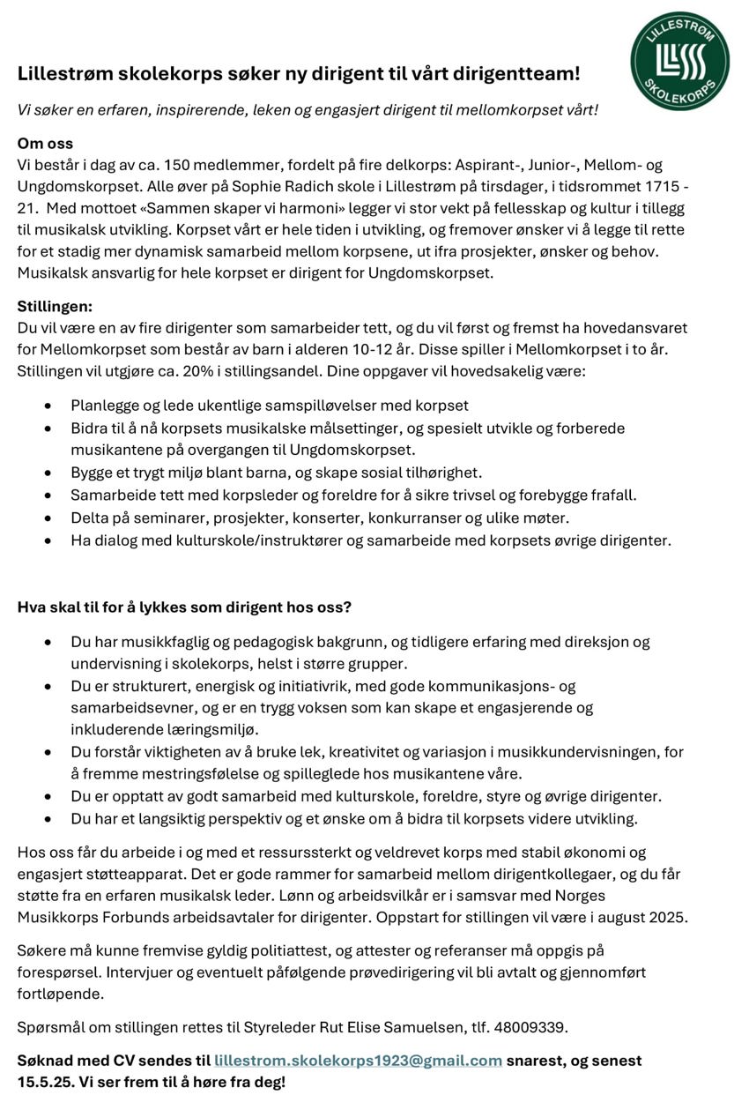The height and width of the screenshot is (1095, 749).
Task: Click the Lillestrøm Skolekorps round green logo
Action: click(x=679, y=61)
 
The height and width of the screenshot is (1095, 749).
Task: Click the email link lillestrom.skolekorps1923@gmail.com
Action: click(x=358, y=1060)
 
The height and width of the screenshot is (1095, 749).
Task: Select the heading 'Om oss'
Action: click(x=45, y=143)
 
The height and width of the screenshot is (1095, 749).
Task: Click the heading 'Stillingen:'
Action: click(x=55, y=306)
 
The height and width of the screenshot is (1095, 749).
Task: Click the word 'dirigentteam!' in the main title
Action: click(x=523, y=73)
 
